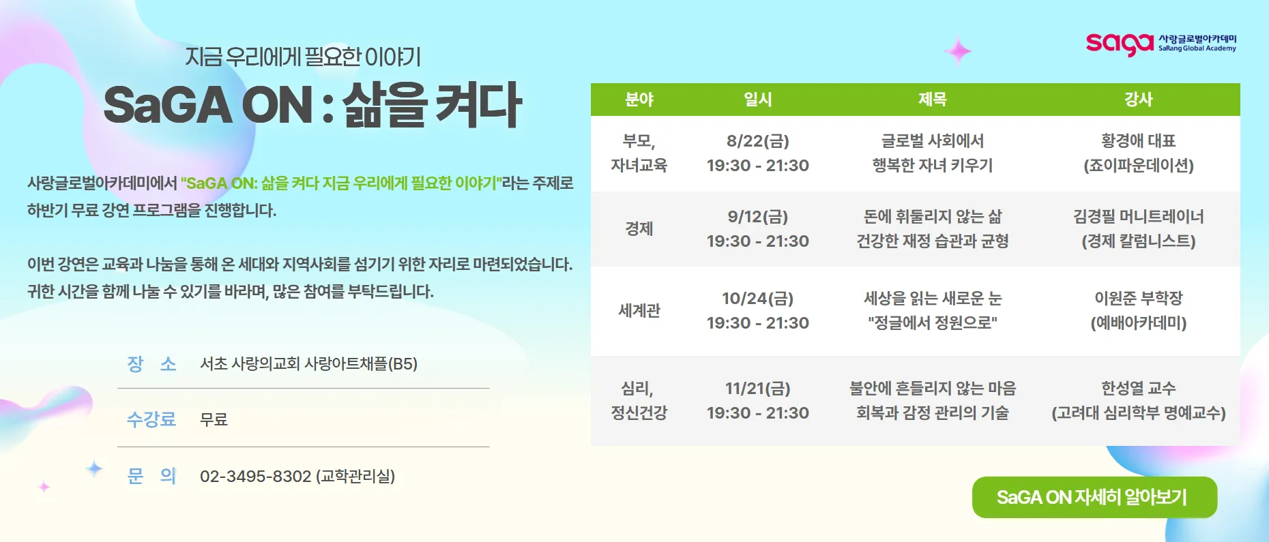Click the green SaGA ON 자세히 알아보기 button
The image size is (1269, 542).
click(1094, 497)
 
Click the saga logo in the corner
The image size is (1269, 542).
click(1161, 44)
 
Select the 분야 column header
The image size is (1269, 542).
click(639, 100)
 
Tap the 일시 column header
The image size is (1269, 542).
click(757, 100)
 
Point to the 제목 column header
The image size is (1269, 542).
click(932, 100)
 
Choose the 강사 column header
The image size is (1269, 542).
click(1138, 100)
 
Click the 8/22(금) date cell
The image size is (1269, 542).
click(757, 141)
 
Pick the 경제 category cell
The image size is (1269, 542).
click(639, 229)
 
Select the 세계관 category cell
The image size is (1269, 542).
click(639, 311)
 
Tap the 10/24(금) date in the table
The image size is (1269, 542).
click(757, 299)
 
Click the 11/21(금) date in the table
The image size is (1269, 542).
click(757, 389)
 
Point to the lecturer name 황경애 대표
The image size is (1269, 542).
click(1138, 141)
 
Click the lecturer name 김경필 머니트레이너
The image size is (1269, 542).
click(1138, 217)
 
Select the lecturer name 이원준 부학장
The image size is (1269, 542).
click(1138, 299)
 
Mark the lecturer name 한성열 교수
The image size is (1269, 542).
click(1138, 389)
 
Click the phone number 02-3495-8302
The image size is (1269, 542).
click(255, 476)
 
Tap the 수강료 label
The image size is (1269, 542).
click(151, 419)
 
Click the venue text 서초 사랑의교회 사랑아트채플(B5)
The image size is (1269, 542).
click(308, 364)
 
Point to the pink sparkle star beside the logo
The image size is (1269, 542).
click(958, 50)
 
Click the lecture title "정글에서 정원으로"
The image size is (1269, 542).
click(932, 323)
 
